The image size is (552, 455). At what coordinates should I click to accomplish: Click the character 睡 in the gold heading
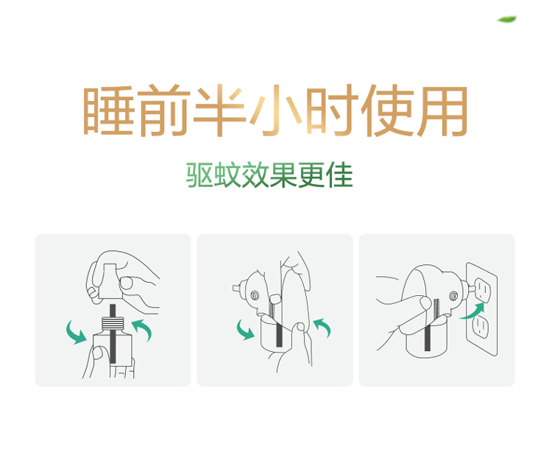pyautogui.click(x=108, y=110)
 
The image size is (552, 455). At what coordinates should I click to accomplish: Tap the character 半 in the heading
pyautogui.click(x=220, y=110)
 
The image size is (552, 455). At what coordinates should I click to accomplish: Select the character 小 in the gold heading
pyautogui.click(x=276, y=110)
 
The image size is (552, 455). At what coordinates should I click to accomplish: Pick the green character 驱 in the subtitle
pyautogui.click(x=199, y=174)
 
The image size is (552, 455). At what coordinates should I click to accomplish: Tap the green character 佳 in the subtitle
pyautogui.click(x=339, y=174)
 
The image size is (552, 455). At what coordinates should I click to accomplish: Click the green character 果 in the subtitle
pyautogui.click(x=283, y=174)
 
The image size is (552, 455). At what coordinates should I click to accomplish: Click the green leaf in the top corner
pyautogui.click(x=506, y=19)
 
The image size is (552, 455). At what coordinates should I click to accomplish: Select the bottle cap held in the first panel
pyautogui.click(x=111, y=281)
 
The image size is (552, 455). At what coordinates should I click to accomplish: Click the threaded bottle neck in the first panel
pyautogui.click(x=113, y=324)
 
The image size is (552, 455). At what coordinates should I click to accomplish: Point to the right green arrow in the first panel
pyautogui.click(x=144, y=329)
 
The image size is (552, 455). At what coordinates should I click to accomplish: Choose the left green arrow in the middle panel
pyautogui.click(x=245, y=330)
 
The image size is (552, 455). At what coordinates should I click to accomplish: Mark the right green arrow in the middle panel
pyautogui.click(x=322, y=327)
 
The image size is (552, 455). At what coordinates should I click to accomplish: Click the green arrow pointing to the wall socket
pyautogui.click(x=473, y=311)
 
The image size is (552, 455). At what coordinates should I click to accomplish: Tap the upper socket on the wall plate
pyautogui.click(x=483, y=290)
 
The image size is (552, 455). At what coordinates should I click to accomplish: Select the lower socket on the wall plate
pyautogui.click(x=480, y=327)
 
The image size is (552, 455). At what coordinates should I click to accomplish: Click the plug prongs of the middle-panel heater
pyautogui.click(x=236, y=289)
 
